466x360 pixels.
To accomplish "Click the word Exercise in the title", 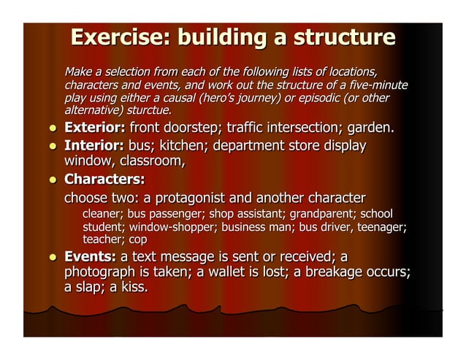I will [x=118, y=37].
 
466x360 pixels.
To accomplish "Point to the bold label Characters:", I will [x=104, y=180].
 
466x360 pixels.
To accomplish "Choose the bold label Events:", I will [x=91, y=257].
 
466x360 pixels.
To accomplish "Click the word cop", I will [x=138, y=240].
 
